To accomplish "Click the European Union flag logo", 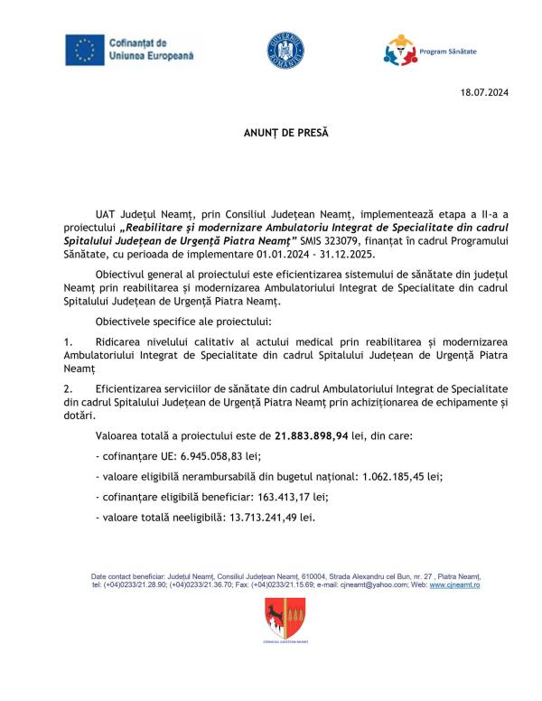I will (84, 50).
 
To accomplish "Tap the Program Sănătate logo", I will (399, 51).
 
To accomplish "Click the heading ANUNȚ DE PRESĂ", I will (274, 133).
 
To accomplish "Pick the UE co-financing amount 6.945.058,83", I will (209, 457).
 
